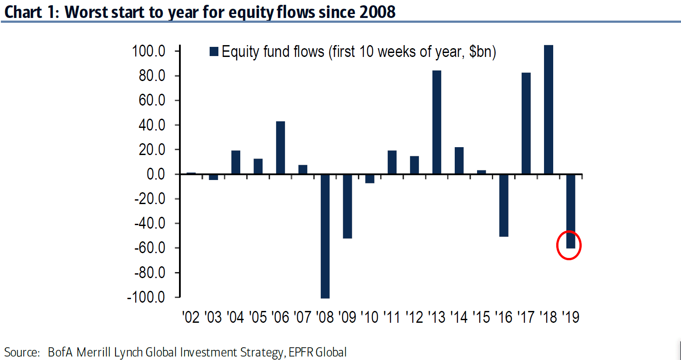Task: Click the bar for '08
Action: [x=325, y=236]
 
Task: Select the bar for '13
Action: [x=436, y=122]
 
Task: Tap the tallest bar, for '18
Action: [x=548, y=109]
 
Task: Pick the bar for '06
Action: [x=280, y=148]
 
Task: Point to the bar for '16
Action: [x=504, y=205]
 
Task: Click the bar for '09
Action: [x=347, y=206]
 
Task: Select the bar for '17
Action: [x=526, y=124]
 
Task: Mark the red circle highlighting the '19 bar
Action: [x=569, y=245]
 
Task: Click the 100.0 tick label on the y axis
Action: [x=149, y=51]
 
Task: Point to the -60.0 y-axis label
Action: [x=150, y=248]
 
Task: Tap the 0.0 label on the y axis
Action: [x=156, y=174]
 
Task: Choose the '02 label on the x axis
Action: [x=191, y=317]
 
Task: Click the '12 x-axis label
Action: [x=414, y=317]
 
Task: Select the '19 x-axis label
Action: [x=571, y=317]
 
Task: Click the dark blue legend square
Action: [x=214, y=52]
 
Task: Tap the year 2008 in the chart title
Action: [x=377, y=12]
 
